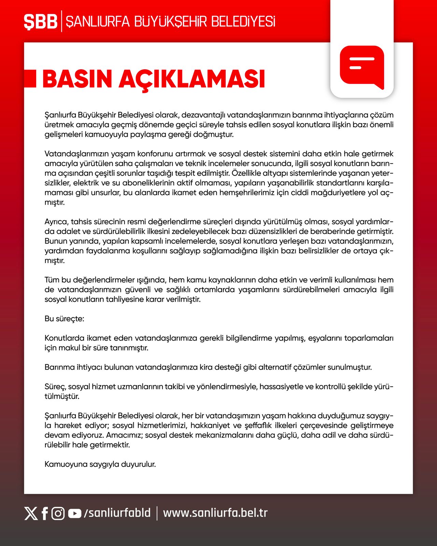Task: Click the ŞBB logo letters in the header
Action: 40,22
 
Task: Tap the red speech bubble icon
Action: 362,67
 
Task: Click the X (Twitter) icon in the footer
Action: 31,513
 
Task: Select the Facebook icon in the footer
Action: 45,513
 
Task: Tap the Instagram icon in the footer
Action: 58,513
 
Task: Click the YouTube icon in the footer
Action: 74,513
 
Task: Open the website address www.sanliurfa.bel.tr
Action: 215,513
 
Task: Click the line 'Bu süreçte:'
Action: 64,319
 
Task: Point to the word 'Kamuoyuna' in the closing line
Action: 66,464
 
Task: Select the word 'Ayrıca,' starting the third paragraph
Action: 56,222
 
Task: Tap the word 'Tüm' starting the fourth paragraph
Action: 52,280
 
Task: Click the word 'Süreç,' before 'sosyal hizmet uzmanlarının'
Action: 55,387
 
